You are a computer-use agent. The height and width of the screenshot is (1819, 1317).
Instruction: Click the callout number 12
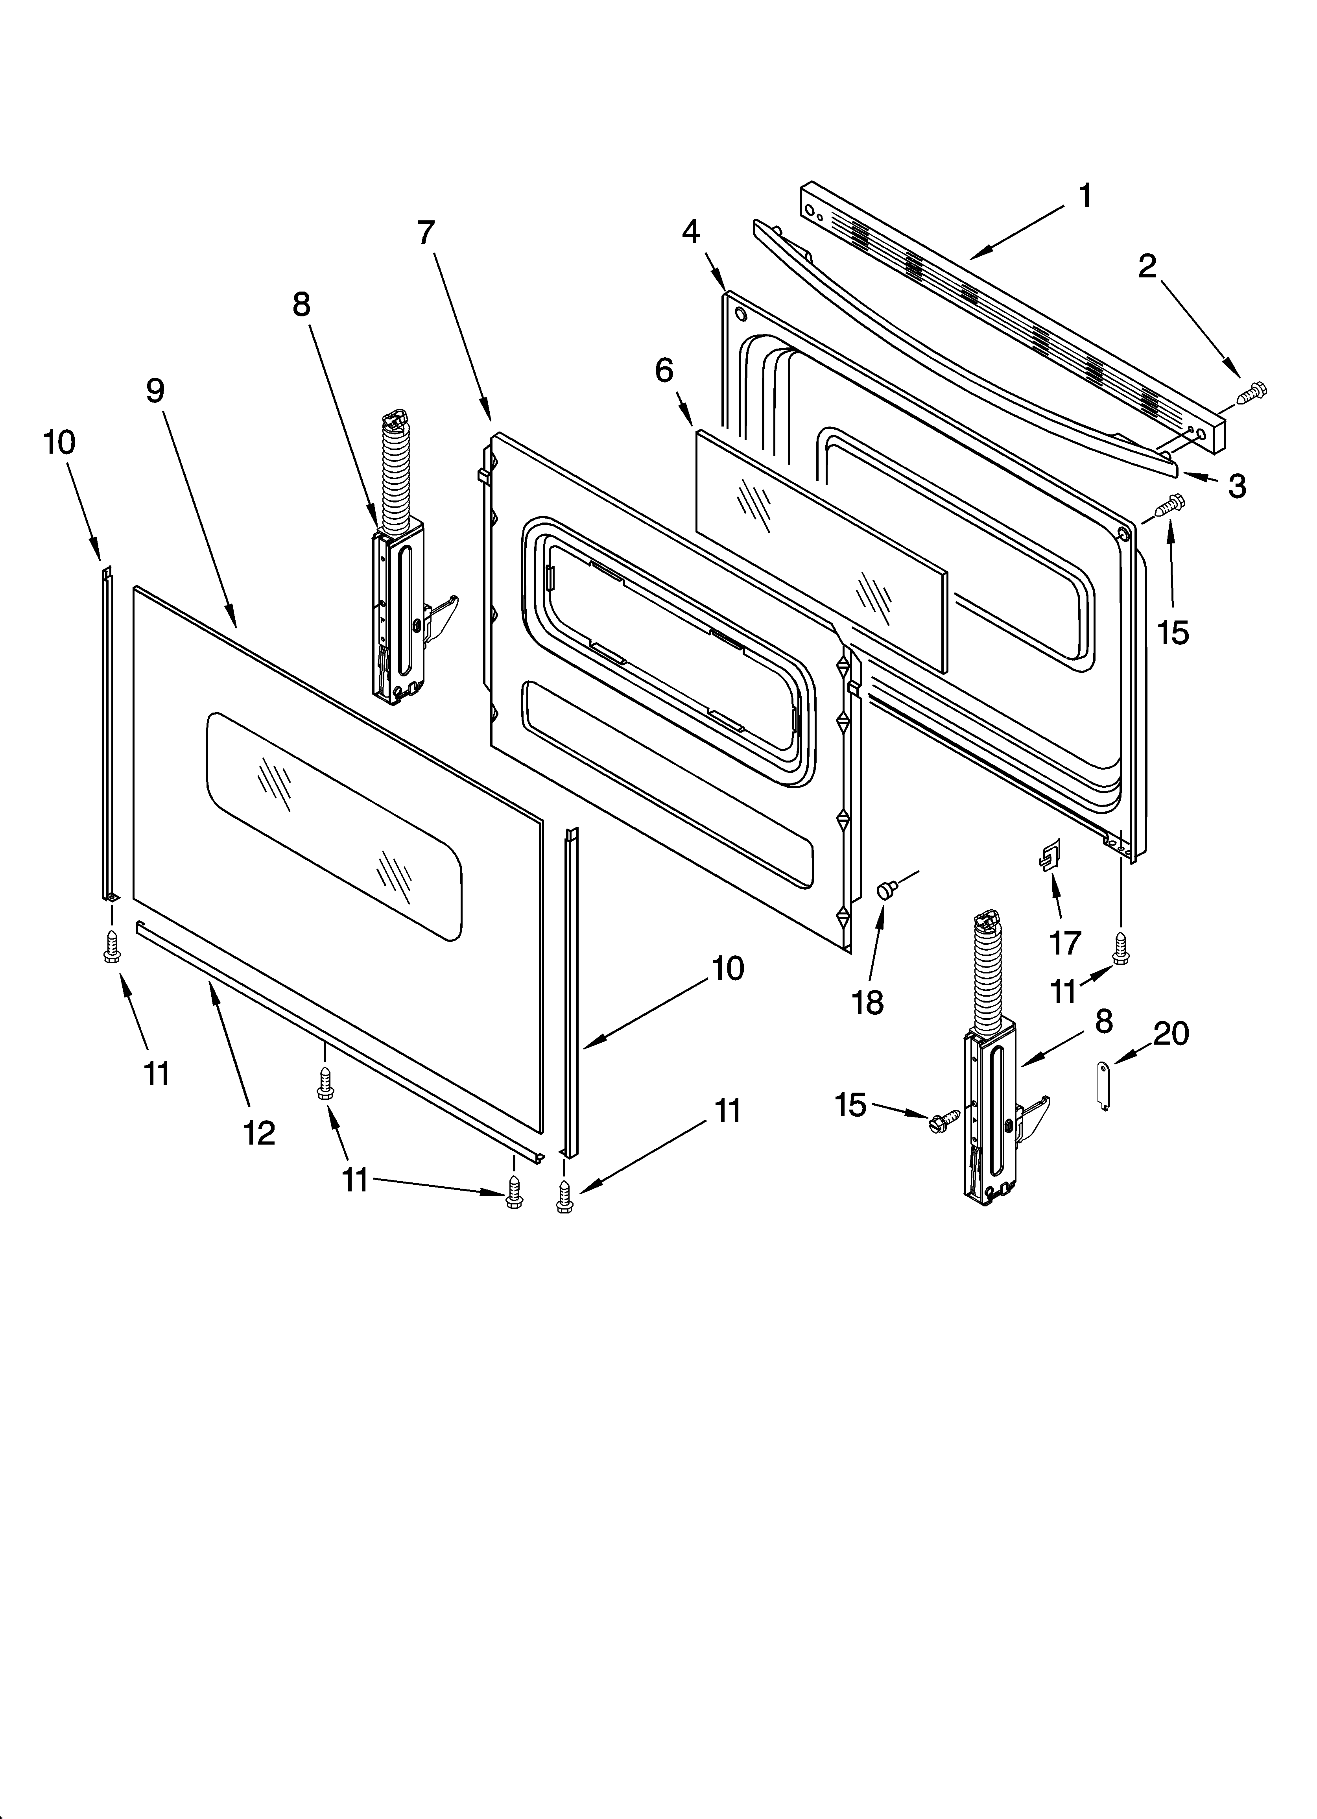point(259,1132)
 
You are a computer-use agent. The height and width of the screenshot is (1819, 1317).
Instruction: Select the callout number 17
point(1065,942)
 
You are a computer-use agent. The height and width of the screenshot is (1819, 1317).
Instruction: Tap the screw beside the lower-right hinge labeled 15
point(944,1121)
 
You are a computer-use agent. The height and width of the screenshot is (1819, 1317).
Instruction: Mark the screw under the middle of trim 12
point(325,1084)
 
